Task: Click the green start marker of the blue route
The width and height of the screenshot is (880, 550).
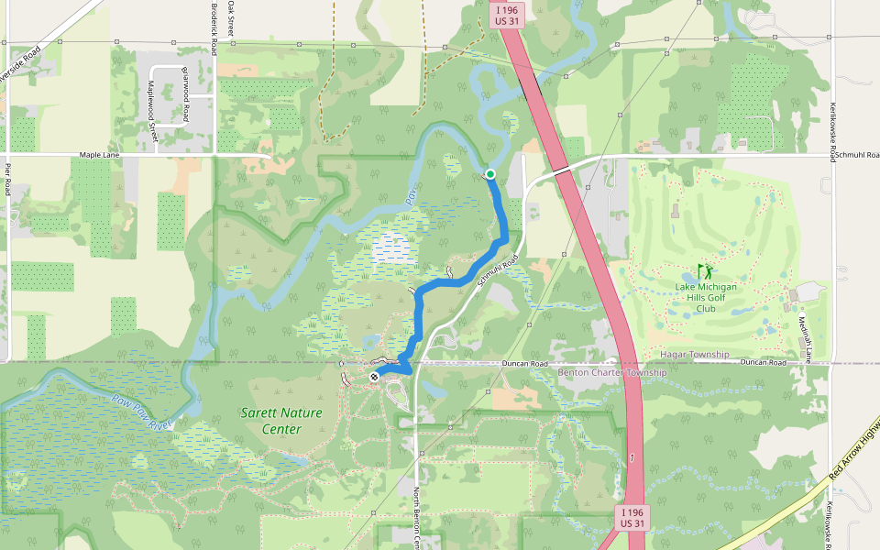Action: [490, 174]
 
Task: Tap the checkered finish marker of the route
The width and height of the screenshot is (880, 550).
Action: [374, 377]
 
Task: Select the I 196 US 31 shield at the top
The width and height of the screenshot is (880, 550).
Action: [505, 16]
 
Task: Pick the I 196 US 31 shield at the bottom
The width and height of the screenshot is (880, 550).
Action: [633, 517]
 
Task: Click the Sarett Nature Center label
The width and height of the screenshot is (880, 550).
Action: [281, 421]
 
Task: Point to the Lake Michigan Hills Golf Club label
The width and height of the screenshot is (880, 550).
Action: [706, 297]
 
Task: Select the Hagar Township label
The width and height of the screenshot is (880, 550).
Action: [694, 354]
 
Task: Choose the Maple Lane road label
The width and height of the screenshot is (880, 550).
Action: [100, 155]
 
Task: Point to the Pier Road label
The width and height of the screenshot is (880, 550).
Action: [7, 180]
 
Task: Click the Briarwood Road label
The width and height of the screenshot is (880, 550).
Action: [185, 94]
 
